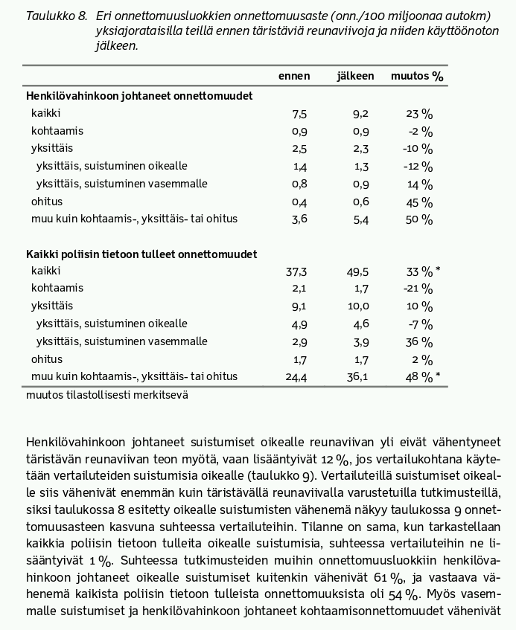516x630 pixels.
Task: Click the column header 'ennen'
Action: tap(294, 77)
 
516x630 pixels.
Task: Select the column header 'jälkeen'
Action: tap(355, 77)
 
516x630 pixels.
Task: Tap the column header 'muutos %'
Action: tap(417, 77)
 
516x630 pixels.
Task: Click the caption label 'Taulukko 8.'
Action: tap(56, 16)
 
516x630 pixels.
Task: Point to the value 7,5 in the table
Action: tap(299, 114)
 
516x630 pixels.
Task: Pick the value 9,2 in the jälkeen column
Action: tap(360, 114)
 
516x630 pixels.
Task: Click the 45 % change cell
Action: tap(419, 202)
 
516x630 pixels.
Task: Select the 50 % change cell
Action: tap(419, 220)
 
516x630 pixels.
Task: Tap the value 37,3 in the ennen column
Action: tap(296, 271)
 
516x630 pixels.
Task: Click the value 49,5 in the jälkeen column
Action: tap(358, 271)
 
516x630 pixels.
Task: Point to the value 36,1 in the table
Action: tap(358, 378)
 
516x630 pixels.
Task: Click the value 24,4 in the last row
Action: tap(296, 378)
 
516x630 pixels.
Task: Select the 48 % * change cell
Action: tap(422, 378)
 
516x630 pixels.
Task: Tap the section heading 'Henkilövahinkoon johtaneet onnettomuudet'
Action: tap(139, 96)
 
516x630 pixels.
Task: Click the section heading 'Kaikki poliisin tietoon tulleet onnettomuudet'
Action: tap(141, 254)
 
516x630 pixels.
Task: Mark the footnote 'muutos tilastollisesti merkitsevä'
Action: tap(106, 395)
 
